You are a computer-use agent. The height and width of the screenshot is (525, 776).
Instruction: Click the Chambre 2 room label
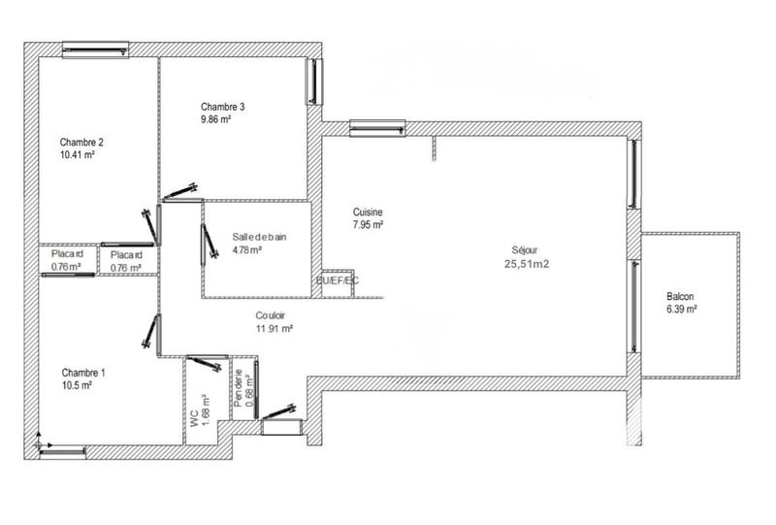81,142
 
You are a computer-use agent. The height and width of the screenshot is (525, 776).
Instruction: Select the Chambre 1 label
83,373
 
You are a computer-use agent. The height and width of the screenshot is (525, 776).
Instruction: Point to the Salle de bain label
259,236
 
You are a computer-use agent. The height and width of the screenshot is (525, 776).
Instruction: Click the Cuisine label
367,213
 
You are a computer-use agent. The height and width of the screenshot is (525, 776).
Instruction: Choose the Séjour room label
524,248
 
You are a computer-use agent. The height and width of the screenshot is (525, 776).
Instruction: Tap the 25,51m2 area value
528,262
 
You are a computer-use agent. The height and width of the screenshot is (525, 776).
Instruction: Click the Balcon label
680,297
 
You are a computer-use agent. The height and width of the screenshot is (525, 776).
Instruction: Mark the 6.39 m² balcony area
682,310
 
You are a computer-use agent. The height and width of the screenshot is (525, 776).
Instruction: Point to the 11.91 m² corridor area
275,328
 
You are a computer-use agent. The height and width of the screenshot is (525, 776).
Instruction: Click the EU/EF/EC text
337,280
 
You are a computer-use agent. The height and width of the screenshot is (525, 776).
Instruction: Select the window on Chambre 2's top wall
95,48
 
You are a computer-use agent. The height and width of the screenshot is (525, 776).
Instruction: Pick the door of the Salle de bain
207,244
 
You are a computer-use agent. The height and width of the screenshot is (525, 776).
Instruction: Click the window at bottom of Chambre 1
60,449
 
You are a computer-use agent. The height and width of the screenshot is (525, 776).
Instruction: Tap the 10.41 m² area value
77,154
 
